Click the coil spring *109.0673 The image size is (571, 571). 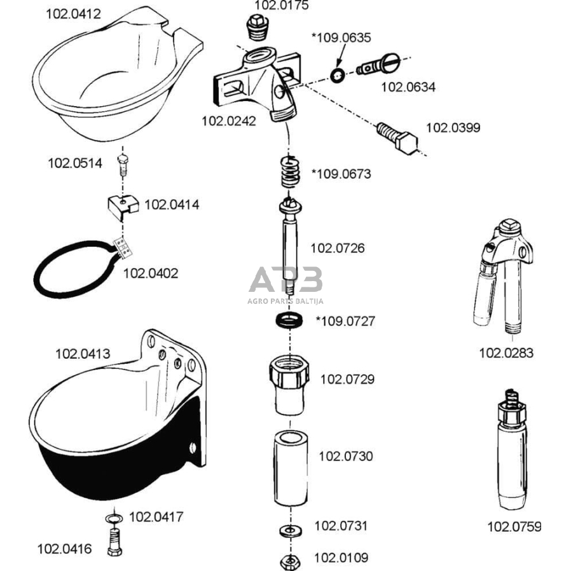[x=289, y=172]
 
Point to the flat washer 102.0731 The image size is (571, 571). [x=289, y=530]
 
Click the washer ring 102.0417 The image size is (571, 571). [x=113, y=519]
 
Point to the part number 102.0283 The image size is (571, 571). [x=506, y=353]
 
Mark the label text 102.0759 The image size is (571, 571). [x=514, y=526]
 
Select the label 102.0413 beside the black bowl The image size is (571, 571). [x=83, y=353]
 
